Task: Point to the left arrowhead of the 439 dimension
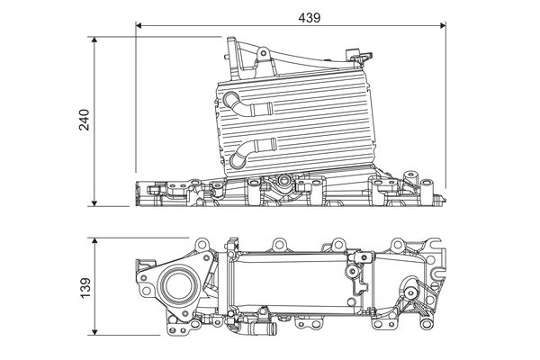(139, 27)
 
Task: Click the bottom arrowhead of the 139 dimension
(96, 331)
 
